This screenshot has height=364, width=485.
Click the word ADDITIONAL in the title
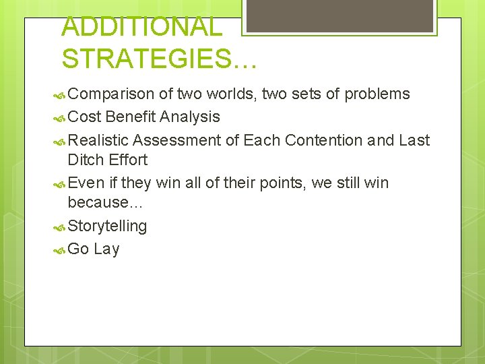[141, 27]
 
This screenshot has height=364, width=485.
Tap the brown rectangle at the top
[339, 16]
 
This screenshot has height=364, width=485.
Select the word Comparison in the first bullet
[111, 94]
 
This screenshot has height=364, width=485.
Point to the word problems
[377, 94]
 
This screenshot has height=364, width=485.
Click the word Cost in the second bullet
[85, 117]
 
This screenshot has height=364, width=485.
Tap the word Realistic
[98, 140]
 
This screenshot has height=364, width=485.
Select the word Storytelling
[107, 226]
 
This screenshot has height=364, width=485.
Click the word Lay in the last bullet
[107, 249]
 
